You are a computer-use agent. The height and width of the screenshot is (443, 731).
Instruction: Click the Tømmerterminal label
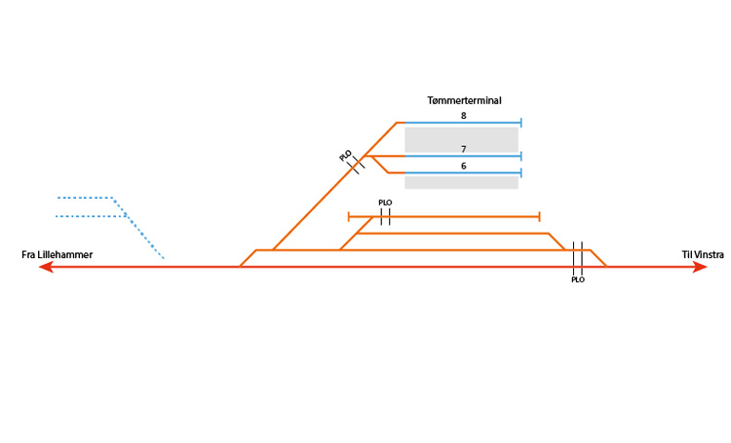(464, 100)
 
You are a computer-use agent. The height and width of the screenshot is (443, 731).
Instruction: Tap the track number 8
(464, 116)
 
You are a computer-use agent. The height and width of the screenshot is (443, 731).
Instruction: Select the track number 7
(464, 148)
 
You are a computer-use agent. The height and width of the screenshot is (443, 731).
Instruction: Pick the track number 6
(464, 166)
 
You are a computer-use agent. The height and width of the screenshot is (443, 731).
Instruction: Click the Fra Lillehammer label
(58, 255)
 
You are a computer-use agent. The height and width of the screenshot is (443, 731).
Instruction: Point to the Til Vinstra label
(703, 255)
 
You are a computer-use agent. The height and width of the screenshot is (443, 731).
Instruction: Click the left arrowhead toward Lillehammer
(45, 267)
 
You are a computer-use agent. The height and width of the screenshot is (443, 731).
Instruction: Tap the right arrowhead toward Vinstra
(700, 267)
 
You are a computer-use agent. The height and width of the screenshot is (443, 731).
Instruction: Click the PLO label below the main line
(578, 279)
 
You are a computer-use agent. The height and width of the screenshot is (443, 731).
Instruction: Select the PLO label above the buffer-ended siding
(385, 203)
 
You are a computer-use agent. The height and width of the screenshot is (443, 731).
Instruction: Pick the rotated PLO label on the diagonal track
(346, 156)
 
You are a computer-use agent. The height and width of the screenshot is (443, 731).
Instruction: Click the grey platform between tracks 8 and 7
(461, 139)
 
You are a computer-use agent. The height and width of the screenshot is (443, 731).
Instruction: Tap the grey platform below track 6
(461, 182)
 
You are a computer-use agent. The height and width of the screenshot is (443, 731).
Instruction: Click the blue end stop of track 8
(521, 123)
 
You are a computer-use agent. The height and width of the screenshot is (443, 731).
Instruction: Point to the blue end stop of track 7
(521, 156)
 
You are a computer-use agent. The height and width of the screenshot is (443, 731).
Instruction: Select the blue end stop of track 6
(521, 173)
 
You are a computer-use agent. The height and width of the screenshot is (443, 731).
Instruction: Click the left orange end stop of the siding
(349, 216)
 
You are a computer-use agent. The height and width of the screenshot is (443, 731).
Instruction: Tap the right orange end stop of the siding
(539, 216)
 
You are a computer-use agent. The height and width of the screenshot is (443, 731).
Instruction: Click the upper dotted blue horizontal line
(85, 198)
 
